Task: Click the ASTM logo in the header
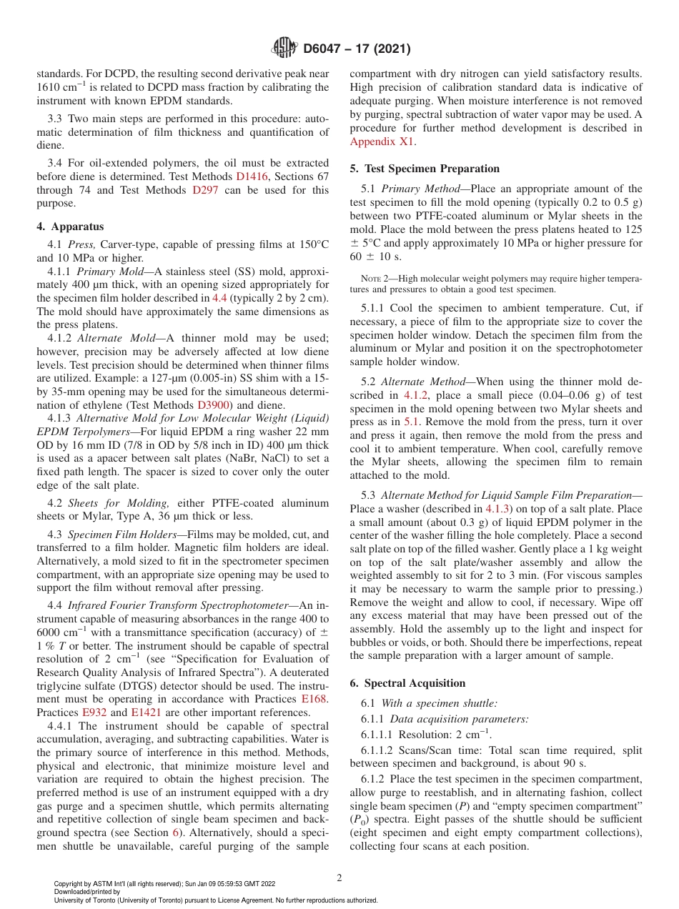coord(285,49)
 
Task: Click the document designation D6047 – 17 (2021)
coord(356,49)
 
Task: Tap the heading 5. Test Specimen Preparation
coord(425,169)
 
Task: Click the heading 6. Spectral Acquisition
coord(407,683)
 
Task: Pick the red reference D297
coord(205,190)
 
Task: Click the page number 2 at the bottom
coord(339,878)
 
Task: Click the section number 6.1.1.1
coord(377,735)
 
